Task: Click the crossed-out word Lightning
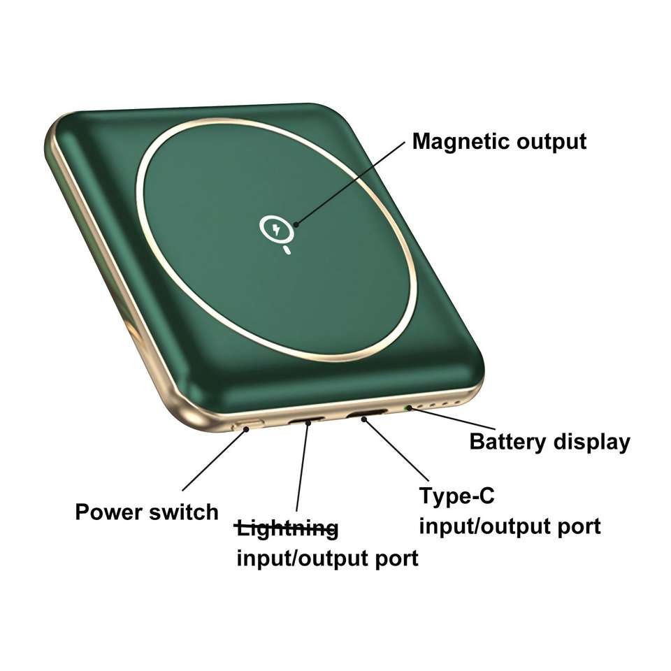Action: pos(287,529)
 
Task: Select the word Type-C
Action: pos(456,496)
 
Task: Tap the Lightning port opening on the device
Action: pos(308,421)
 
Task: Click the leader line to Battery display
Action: pos(440,419)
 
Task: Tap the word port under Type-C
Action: pos(577,526)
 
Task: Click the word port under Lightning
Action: pos(396,558)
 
